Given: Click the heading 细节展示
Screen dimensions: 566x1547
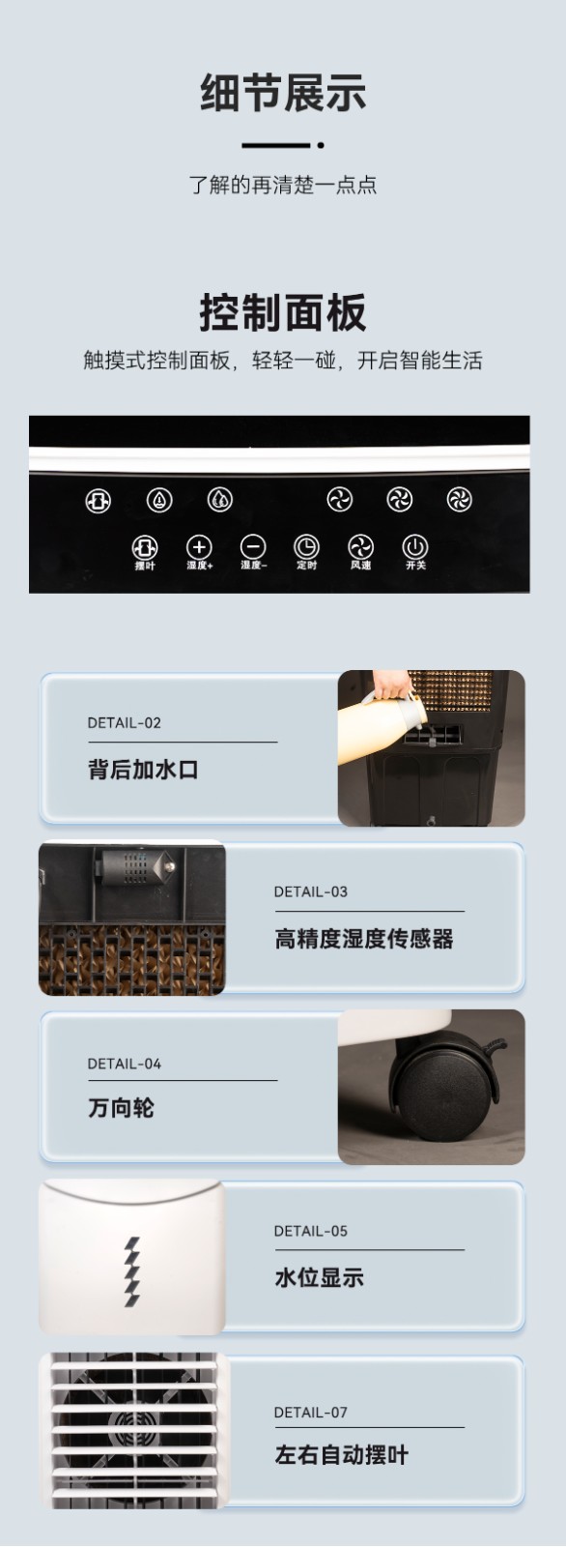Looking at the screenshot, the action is tap(283, 93).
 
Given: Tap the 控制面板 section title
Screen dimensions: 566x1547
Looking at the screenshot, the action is tap(283, 313).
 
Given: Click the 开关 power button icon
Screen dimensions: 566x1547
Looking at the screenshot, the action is tap(414, 546).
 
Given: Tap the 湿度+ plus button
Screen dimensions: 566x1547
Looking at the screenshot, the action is tap(199, 547).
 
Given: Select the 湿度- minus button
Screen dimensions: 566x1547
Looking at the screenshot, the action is tap(253, 547).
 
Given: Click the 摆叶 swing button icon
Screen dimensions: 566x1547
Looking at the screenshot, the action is tap(145, 547).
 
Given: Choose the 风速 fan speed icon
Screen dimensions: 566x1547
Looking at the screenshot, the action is tap(360, 547).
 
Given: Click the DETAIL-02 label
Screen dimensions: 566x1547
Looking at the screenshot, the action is tap(125, 723).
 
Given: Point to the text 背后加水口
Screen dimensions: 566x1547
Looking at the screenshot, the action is tap(143, 770).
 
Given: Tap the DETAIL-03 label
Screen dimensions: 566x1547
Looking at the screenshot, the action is tap(311, 891).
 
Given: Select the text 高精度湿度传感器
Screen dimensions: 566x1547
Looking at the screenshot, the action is tap(364, 939).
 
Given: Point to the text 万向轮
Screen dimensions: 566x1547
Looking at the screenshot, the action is tap(121, 1108).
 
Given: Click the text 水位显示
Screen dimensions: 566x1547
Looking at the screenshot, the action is tap(319, 1277).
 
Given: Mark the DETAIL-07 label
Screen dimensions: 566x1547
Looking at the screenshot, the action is tap(311, 1413).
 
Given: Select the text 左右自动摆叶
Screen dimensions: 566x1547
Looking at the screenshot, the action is tap(342, 1455).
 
